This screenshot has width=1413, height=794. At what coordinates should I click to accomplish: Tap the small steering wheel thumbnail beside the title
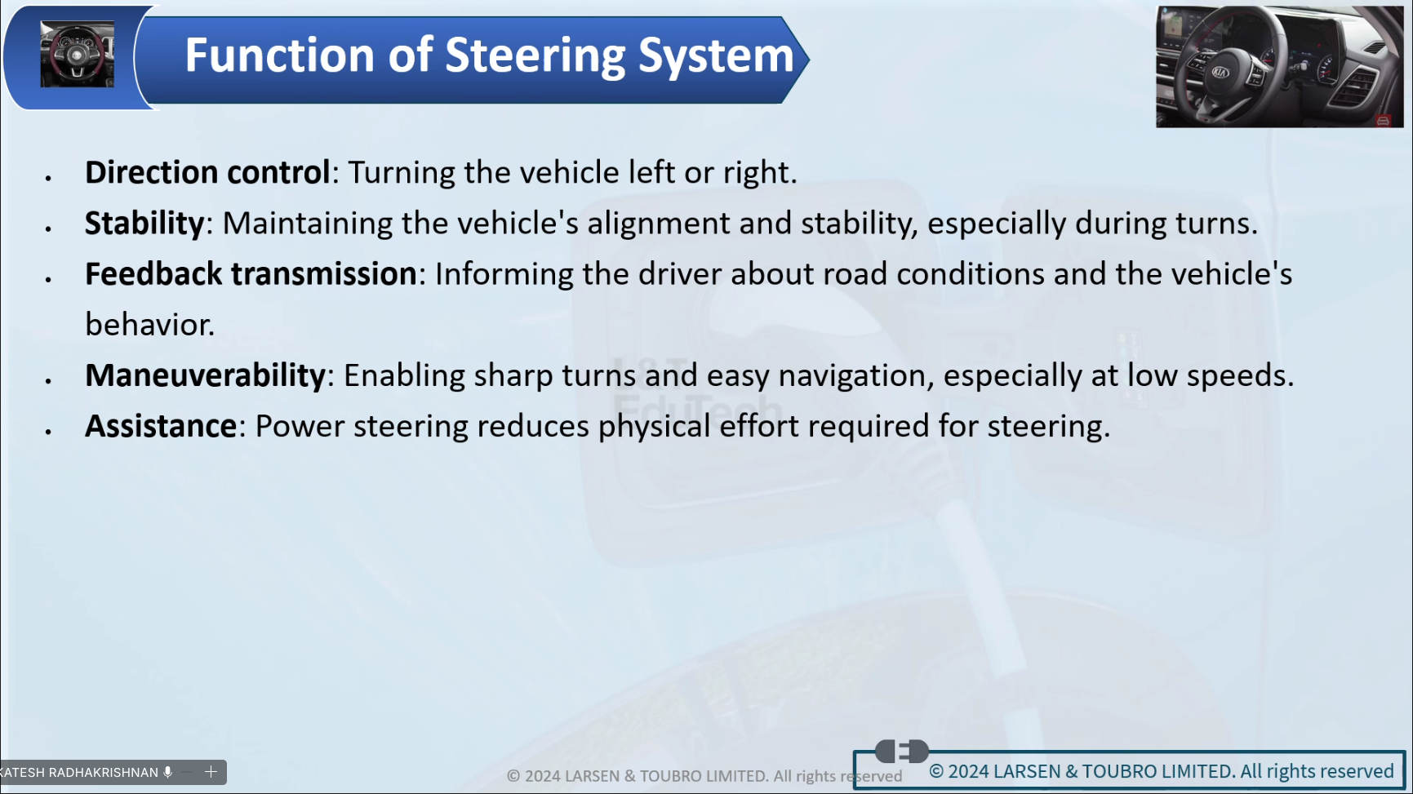[78, 55]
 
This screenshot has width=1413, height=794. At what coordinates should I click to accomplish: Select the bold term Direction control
[207, 172]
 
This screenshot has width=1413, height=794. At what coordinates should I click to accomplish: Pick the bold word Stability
[144, 223]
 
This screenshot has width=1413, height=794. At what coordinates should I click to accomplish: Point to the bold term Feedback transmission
[251, 273]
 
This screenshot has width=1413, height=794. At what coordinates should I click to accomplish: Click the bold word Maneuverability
[206, 375]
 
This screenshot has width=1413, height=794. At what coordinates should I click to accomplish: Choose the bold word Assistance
[161, 426]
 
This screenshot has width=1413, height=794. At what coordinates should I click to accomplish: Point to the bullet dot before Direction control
[49, 177]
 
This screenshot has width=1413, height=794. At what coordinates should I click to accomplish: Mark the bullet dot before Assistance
[49, 431]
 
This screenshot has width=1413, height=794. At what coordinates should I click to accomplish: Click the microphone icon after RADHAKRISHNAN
[168, 772]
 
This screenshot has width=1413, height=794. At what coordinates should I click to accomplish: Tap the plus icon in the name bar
[211, 772]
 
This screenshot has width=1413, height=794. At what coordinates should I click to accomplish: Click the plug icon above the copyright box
[902, 751]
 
